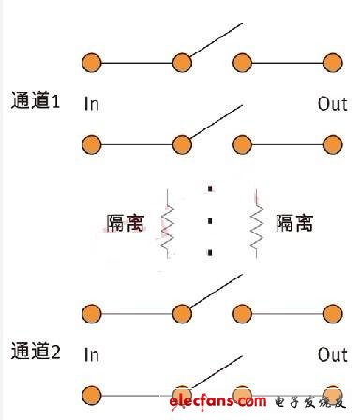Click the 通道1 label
(x=36, y=101)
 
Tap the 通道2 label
(x=36, y=353)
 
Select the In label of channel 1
(x=92, y=103)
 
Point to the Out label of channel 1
(x=332, y=103)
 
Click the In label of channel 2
(x=92, y=355)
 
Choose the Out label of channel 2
(x=332, y=355)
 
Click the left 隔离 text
(x=125, y=223)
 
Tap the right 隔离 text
(x=293, y=223)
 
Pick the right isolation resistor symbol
(x=256, y=225)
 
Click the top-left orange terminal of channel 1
(x=91, y=63)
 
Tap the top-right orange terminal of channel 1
(x=332, y=63)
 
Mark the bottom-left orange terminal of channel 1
(x=91, y=145)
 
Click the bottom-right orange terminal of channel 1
(x=332, y=145)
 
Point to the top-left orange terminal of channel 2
(x=91, y=314)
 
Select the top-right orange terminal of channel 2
(x=332, y=314)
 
